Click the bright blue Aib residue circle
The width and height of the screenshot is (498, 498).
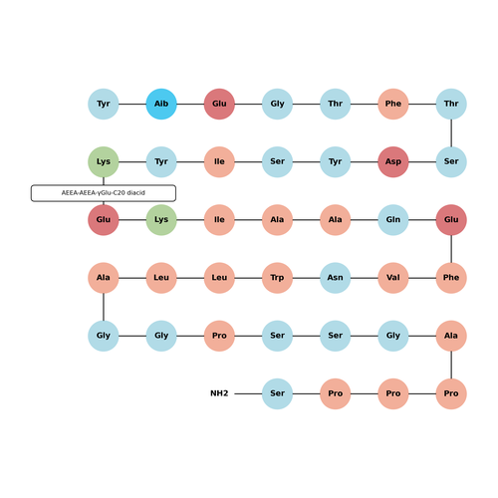coord(161,104)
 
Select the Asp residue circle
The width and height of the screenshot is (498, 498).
coord(393,162)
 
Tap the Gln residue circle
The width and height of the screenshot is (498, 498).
coord(393,220)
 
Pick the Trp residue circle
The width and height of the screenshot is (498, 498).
coord(277,278)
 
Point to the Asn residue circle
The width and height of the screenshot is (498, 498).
coord(336,278)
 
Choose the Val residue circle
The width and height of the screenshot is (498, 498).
coord(393,278)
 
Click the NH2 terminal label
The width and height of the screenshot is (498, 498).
coord(219,393)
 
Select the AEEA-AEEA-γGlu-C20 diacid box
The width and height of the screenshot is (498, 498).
coord(104,193)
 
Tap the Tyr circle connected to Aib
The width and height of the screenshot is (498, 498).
coord(104,104)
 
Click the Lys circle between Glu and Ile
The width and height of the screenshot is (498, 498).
coord(161,220)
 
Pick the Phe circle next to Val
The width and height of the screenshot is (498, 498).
coord(451,278)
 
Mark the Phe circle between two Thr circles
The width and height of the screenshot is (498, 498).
coord(393,104)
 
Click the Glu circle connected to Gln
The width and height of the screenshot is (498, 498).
coord(451,220)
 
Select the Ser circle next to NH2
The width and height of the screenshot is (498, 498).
coord(277,393)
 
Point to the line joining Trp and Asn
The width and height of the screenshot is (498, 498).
coord(306,278)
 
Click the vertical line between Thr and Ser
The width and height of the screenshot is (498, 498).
coord(451,132)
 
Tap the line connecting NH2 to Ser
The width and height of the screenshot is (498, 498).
coord(248,393)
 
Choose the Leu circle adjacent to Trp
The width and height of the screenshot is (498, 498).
coord(219,278)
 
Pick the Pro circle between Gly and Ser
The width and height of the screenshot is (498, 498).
coord(219,336)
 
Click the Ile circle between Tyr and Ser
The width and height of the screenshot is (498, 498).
coord(219,162)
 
